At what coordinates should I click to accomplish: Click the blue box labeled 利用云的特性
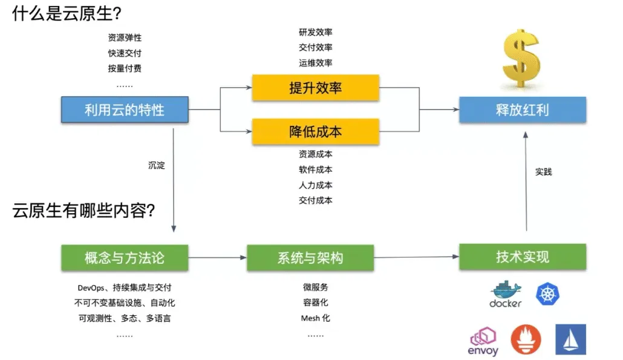point(125,110)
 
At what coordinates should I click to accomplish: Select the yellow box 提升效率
point(316,87)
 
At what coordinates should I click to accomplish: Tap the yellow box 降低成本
point(316,131)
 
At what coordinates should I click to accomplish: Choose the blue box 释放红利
point(523,110)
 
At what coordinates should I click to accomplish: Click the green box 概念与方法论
point(125,258)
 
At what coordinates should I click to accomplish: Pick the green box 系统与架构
point(310,258)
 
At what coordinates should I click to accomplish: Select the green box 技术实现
point(523,257)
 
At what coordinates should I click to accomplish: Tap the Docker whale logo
point(506,295)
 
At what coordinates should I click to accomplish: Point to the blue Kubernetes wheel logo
point(547,294)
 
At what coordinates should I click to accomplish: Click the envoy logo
point(483,341)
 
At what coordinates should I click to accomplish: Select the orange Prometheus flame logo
point(526,339)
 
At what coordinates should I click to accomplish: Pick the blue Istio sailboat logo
point(570,339)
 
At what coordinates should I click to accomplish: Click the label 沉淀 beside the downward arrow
point(156,165)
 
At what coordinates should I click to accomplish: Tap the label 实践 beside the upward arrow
point(543,172)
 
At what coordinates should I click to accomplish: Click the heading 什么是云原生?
point(67,13)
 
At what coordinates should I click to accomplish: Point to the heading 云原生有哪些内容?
point(83,210)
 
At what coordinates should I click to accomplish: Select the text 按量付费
point(125,68)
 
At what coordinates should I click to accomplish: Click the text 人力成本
point(316,185)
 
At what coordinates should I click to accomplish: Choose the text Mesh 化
point(316,318)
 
